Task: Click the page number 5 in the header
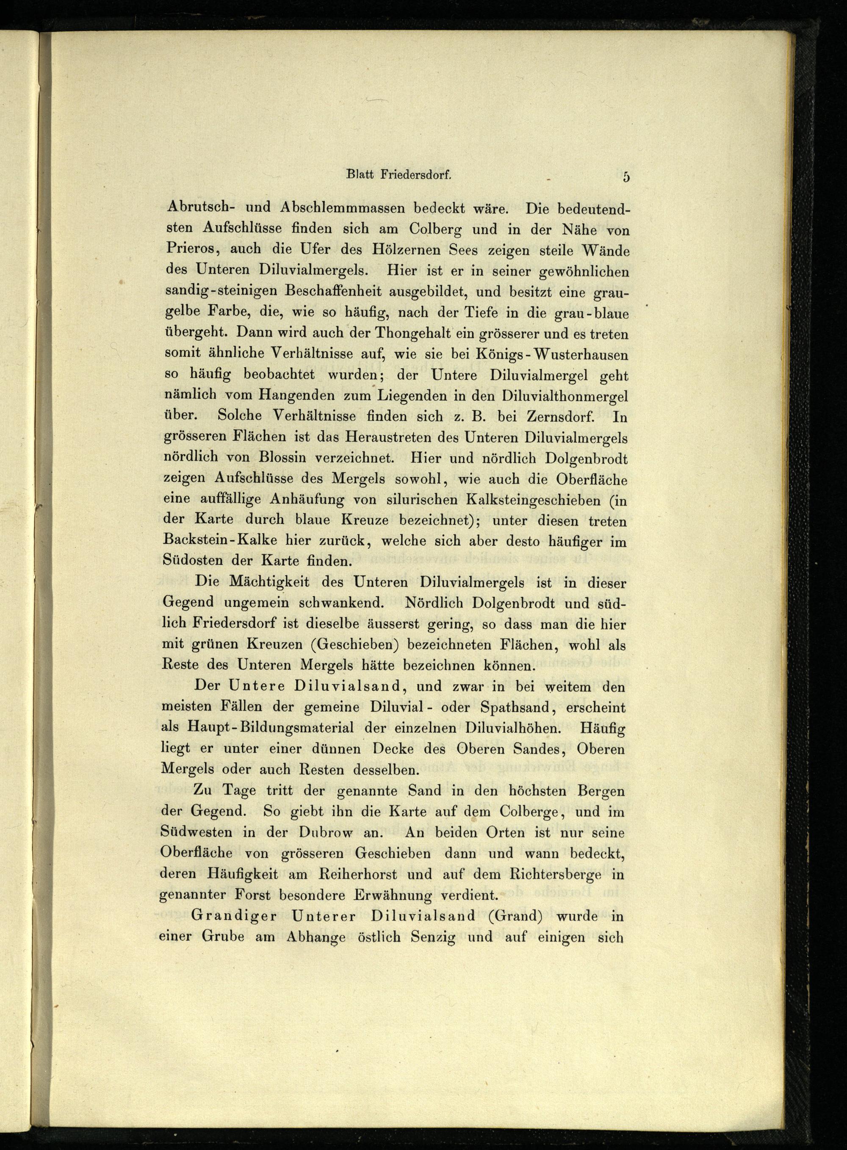pyautogui.click(x=626, y=177)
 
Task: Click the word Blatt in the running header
pyautogui.click(x=362, y=175)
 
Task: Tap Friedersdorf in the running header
pyautogui.click(x=416, y=175)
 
